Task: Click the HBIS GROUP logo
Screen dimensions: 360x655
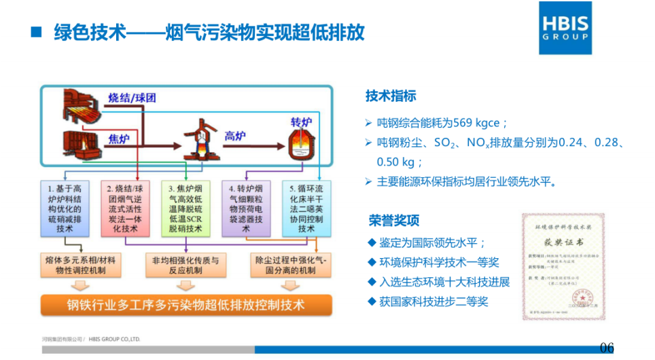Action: point(565,28)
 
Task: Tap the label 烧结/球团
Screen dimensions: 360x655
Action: point(132,98)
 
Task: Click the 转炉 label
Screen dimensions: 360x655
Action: point(301,122)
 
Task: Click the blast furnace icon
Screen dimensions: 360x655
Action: point(196,141)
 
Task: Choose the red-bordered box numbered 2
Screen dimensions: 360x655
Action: point(125,208)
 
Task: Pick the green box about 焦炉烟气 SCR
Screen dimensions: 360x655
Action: point(185,208)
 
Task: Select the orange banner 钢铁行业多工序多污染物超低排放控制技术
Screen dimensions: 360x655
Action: point(185,305)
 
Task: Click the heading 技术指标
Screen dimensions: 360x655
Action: point(391,96)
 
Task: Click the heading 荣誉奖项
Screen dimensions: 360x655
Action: point(394,221)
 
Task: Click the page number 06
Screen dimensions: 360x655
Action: point(607,348)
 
